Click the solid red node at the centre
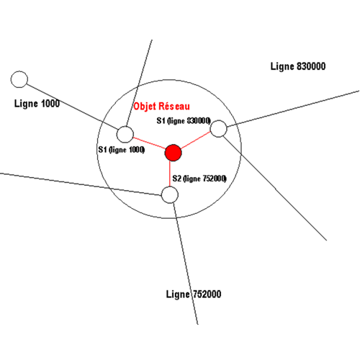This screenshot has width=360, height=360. [x=173, y=153]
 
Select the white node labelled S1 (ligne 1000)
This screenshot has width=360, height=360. [x=125, y=135]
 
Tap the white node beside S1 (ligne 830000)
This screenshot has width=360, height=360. [x=218, y=129]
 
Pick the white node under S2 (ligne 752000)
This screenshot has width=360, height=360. [x=170, y=195]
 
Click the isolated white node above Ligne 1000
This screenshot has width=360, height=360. [x=19, y=79]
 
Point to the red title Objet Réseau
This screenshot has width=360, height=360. [x=161, y=107]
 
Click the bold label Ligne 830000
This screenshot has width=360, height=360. [x=298, y=66]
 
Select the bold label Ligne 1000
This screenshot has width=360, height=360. [x=37, y=104]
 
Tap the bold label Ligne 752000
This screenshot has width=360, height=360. [x=194, y=294]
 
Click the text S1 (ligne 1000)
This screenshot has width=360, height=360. [x=122, y=150]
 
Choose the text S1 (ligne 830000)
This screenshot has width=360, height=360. [x=184, y=121]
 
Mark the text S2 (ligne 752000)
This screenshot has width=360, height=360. [x=199, y=179]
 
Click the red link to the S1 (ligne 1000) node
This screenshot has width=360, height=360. [x=149, y=143]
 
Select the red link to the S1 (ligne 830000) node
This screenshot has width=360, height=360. [x=196, y=140]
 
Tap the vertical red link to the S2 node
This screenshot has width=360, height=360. [x=170, y=174]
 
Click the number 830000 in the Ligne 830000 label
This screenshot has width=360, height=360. [x=311, y=66]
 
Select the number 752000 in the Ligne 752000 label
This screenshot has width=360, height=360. [x=207, y=294]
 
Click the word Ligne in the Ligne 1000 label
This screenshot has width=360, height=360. [x=26, y=104]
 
